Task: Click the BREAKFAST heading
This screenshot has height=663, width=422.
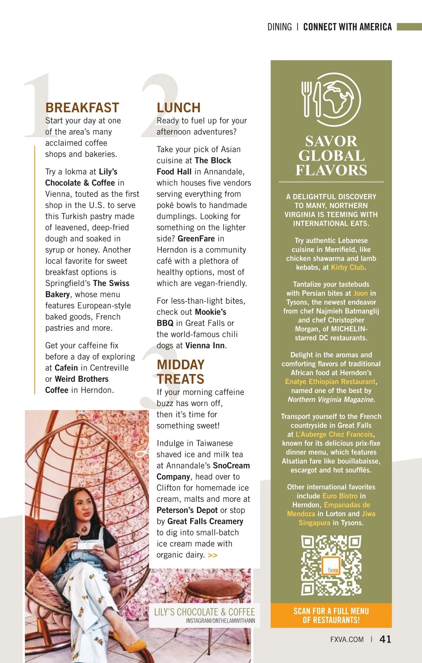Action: tap(82, 108)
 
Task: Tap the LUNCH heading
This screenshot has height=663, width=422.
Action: tap(179, 108)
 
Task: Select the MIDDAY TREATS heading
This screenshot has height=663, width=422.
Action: tap(180, 372)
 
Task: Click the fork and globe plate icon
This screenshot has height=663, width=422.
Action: tap(331, 99)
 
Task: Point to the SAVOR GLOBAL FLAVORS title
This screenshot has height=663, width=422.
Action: tap(331, 156)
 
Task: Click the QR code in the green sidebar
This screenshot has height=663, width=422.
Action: tap(331, 565)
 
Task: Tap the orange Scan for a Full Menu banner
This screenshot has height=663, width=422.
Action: tap(331, 616)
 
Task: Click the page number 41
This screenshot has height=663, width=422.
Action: tap(385, 639)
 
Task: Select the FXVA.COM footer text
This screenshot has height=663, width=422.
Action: tap(347, 640)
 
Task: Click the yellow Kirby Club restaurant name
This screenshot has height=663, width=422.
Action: tap(347, 268)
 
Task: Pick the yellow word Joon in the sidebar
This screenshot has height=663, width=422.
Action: tap(360, 294)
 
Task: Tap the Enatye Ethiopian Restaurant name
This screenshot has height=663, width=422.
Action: tap(330, 382)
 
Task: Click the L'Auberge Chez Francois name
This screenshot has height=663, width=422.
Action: tap(334, 435)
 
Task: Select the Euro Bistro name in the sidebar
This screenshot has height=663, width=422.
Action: tap(340, 496)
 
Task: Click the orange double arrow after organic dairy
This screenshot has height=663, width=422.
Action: tap(213, 555)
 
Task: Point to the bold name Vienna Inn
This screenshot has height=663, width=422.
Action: tap(205, 346)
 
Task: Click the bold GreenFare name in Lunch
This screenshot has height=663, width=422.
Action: tap(196, 239)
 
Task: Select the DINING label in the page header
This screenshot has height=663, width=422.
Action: tap(280, 27)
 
